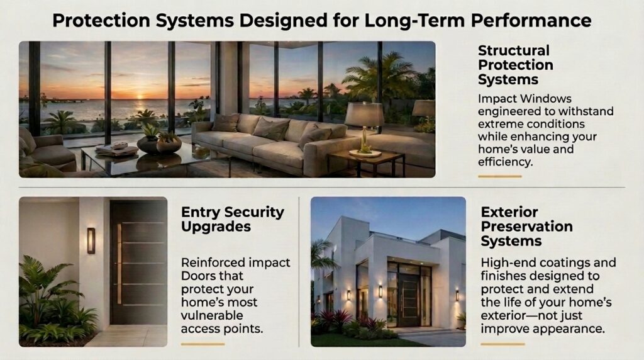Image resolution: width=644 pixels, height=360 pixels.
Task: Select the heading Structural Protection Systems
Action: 516,65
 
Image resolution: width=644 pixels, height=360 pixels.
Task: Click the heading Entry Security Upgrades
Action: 233,219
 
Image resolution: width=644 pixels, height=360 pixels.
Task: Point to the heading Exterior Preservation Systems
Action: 526,227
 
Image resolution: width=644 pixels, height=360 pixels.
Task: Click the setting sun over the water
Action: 140,98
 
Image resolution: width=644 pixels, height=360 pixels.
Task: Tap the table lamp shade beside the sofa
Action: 364,114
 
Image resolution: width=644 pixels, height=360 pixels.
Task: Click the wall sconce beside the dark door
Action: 91,240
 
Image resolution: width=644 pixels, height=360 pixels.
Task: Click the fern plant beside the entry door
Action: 53,300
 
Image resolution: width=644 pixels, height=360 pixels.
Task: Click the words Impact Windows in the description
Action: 525,99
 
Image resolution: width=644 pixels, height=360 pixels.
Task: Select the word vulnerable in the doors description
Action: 212,315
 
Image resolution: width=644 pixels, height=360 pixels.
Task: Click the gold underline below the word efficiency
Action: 499,176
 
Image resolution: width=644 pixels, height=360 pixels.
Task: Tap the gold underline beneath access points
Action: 203,344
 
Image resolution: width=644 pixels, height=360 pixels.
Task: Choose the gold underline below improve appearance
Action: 502,344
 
